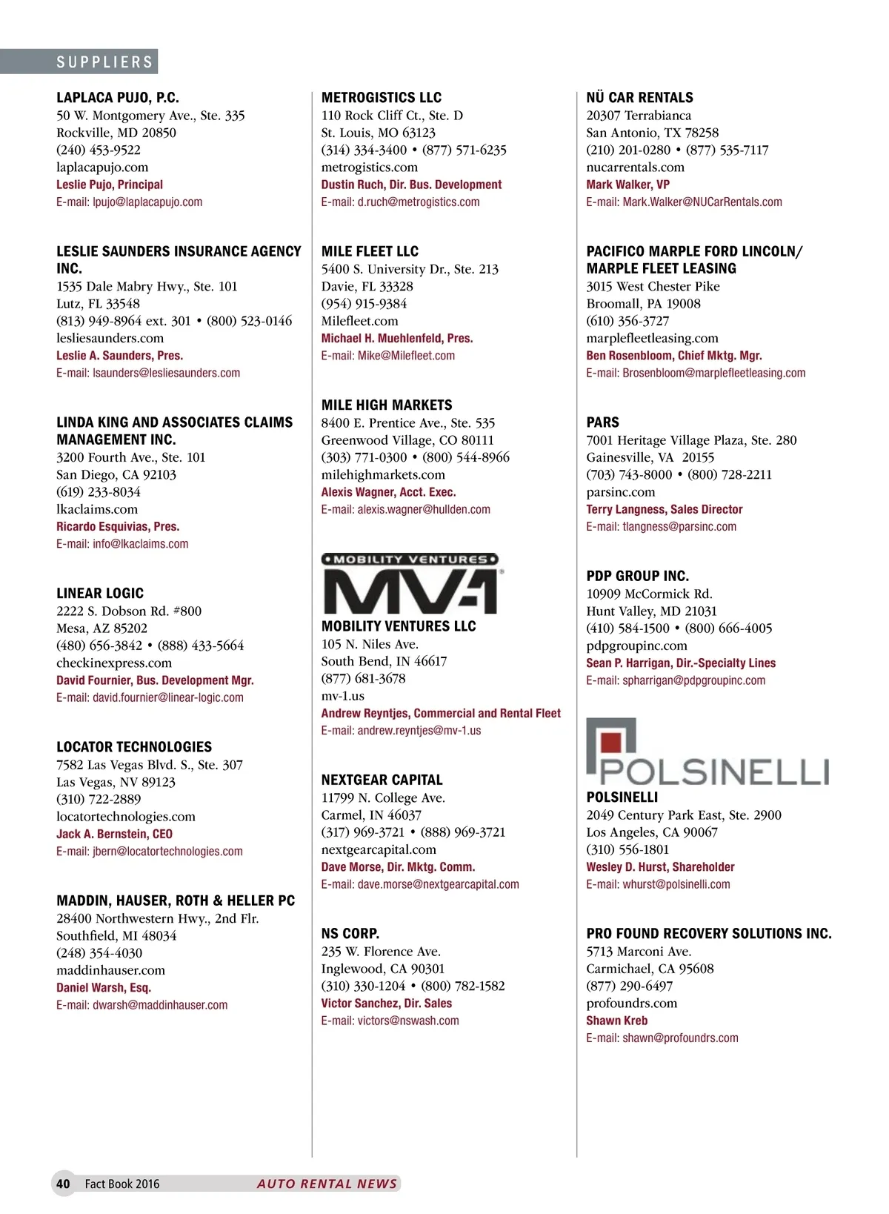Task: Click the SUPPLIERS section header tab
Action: [104, 62]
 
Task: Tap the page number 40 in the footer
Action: [64, 1184]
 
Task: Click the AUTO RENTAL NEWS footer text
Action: [327, 1184]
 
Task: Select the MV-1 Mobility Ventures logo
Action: [410, 583]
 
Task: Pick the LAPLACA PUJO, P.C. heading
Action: [117, 97]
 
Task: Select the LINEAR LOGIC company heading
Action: [100, 593]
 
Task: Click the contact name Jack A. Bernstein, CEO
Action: [114, 834]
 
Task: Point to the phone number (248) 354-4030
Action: [99, 953]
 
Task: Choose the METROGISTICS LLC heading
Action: [381, 97]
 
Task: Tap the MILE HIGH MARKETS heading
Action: [387, 405]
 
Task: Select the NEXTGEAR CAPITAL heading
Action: [382, 780]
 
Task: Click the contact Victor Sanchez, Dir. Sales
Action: [386, 1004]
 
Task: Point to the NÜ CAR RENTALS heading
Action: [639, 97]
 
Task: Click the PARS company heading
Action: [602, 422]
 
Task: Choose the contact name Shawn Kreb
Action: [616, 1021]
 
